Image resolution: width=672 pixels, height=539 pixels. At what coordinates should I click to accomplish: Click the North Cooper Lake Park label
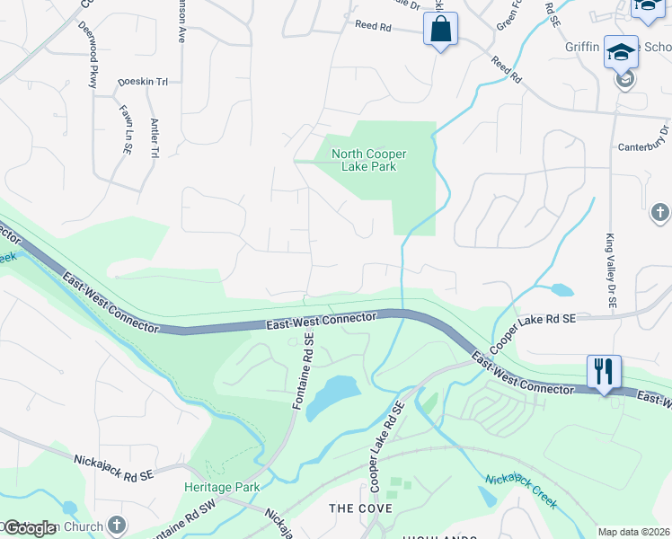point(364,160)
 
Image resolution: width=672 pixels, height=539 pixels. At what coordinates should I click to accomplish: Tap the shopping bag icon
point(440,29)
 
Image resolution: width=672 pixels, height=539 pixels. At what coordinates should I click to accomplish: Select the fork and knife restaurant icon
point(604,371)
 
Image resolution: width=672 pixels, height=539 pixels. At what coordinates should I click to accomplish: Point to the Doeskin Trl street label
point(143,82)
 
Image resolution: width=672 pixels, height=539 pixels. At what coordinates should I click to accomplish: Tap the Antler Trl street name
point(155,138)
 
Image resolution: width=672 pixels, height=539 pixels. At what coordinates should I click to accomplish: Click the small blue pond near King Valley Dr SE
point(561,290)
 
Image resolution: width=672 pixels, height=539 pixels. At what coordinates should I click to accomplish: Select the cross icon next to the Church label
point(116,525)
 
